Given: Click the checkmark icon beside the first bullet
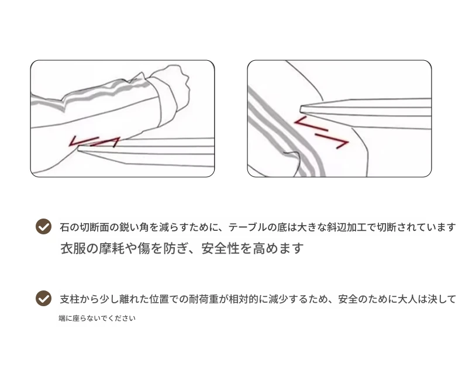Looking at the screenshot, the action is click(43, 226).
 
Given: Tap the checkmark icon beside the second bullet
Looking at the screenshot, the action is click(43, 298).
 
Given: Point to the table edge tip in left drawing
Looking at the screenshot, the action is click(79, 148).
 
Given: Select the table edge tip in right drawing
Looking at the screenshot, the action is click(301, 109).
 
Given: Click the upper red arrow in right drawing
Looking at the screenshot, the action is click(311, 123).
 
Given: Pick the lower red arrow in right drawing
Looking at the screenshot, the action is click(332, 141).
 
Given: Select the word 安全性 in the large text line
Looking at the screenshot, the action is click(220, 248).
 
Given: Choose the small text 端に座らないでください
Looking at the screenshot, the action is click(97, 318).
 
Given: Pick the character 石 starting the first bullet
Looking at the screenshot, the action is click(64, 227).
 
